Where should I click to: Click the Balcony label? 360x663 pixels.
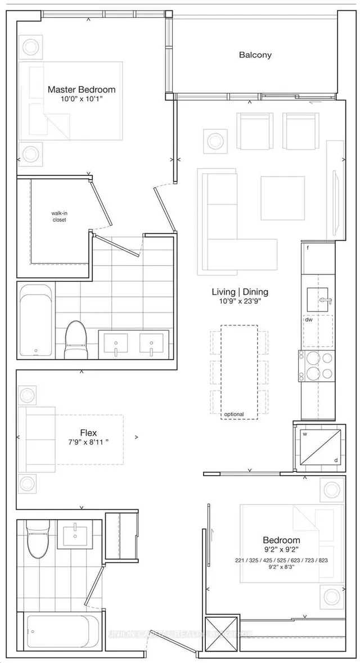(x=255, y=55)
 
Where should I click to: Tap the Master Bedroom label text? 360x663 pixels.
(x=82, y=89)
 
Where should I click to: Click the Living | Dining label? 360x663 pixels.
(x=240, y=292)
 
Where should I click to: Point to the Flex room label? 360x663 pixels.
(x=88, y=433)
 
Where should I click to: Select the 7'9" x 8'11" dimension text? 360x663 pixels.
(x=88, y=443)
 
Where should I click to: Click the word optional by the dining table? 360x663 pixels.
(x=233, y=414)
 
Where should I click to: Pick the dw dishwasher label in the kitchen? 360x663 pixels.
(x=308, y=319)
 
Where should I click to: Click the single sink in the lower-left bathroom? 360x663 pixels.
(x=74, y=535)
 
